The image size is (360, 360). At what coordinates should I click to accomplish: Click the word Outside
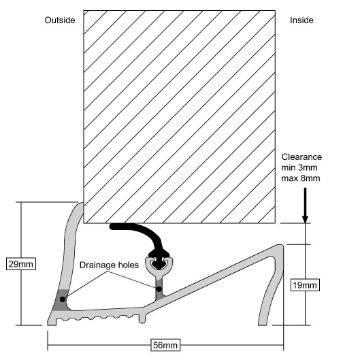pos(60,20)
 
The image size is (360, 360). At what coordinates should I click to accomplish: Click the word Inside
pos(302,20)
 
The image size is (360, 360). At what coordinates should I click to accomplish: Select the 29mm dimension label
pos(21,264)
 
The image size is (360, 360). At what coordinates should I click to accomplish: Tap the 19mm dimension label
pos(306,285)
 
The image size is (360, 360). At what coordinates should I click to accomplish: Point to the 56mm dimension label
pos(165,345)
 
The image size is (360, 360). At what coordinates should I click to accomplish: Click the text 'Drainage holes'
pos(108,266)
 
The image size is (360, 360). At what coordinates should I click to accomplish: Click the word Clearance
pos(302,157)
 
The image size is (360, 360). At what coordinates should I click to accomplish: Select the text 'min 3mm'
pos(299,168)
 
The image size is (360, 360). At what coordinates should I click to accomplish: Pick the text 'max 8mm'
pos(301,178)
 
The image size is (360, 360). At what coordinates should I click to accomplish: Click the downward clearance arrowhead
pos(305,219)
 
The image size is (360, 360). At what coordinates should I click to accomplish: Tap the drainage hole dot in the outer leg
pos(62,299)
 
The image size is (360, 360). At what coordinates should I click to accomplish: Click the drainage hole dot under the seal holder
pos(160,289)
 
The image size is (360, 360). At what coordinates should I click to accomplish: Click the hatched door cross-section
pos(179,117)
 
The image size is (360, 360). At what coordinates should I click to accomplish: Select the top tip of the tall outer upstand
pos(81,203)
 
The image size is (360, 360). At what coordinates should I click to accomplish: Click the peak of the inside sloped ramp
pos(281,246)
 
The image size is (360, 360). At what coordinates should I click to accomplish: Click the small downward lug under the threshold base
pos(142,319)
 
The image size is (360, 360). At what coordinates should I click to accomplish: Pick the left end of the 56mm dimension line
pos(48,345)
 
